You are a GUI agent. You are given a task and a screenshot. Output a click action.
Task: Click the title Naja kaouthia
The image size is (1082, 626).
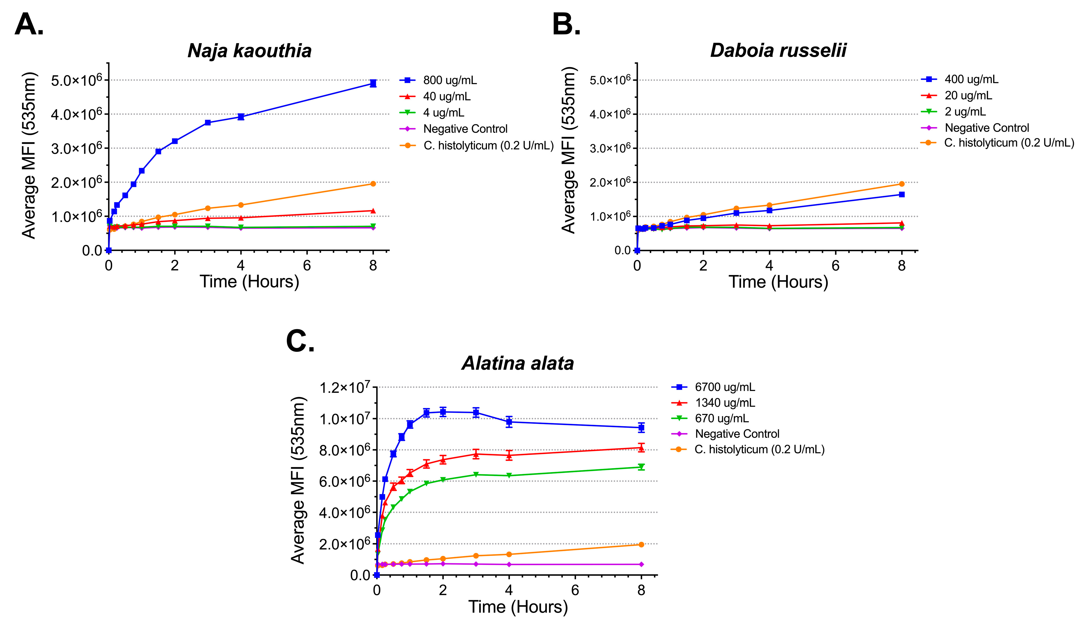(249, 51)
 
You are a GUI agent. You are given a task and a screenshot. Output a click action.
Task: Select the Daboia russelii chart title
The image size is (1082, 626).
(778, 50)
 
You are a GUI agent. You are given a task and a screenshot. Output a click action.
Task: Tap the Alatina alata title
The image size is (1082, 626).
(518, 363)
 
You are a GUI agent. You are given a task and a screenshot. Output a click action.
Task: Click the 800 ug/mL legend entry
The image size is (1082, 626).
(449, 80)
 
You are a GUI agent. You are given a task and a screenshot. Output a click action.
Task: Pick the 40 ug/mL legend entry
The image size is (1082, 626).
(447, 97)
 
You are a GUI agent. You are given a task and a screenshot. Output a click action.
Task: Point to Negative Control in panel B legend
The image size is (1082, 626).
(986, 128)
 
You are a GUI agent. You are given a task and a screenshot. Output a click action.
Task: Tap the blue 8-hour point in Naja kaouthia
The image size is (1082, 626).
(373, 83)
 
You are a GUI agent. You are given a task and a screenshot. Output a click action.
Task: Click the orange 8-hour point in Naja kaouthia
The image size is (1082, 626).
(373, 184)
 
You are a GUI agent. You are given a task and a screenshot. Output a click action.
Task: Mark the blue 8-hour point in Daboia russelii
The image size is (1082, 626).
(902, 194)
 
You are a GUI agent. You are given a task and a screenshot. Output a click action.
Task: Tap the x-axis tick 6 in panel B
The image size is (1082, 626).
(836, 266)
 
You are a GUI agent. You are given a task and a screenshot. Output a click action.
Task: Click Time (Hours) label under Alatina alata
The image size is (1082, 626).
(518, 607)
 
